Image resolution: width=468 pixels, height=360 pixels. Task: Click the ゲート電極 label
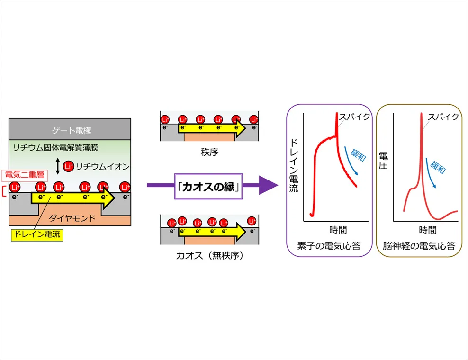72,130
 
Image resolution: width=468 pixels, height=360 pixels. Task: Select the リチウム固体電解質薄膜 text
55,147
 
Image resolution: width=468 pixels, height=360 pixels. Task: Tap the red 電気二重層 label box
25,175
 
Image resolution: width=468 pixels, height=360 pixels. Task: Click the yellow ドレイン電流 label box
37,234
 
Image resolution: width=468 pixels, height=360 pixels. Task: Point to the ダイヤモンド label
72,218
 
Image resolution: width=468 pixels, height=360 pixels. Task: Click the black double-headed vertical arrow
58,166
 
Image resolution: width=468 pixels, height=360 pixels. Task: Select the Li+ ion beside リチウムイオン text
69,166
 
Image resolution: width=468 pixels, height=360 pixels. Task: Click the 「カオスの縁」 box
208,187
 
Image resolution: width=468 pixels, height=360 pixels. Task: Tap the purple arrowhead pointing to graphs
268,185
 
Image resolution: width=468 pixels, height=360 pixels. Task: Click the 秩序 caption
209,152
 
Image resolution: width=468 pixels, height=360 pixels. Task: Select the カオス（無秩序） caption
209,255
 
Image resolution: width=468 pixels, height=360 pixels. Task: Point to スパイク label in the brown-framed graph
443,117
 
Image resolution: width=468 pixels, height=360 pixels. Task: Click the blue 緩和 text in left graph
358,154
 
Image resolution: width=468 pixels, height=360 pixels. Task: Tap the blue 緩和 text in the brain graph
438,167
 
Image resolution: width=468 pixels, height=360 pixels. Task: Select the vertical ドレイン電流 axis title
294,166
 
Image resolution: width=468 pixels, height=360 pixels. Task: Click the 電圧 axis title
383,161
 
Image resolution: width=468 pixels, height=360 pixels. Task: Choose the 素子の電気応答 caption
329,246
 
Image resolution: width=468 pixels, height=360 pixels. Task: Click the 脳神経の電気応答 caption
419,246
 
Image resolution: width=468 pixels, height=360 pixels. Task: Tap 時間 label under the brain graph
428,230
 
